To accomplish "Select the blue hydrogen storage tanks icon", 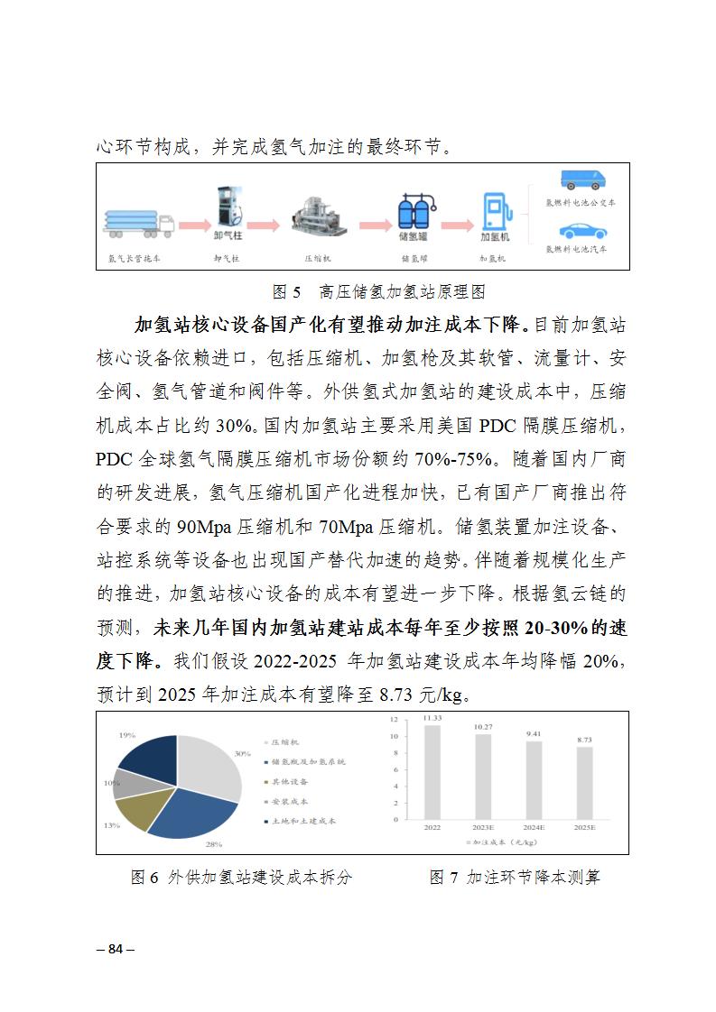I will click(413, 212).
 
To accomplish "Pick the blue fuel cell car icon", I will click(581, 230).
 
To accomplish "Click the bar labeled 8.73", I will click(585, 783).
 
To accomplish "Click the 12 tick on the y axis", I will click(394, 720).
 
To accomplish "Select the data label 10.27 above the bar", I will click(483, 726).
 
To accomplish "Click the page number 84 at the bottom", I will click(115, 948).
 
